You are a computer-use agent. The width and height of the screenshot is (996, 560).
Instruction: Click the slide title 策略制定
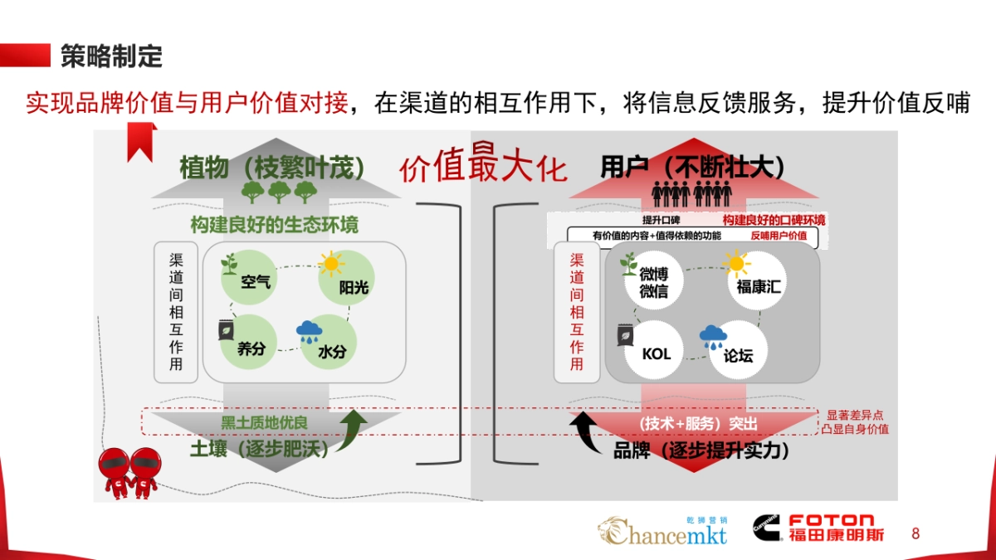coord(111,56)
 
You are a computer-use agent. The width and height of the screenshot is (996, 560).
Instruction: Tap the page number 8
coord(915,533)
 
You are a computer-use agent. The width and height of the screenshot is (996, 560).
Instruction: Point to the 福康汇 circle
coord(759,285)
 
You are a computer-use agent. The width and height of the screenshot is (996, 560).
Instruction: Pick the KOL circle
coord(657,353)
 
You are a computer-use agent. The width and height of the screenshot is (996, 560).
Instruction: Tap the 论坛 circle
coord(737,354)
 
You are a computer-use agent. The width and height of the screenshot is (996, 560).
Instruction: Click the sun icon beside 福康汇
coord(735,263)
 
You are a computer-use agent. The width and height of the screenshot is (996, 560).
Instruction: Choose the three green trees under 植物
coord(279,192)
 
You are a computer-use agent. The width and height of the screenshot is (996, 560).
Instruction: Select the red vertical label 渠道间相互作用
coord(577,311)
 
